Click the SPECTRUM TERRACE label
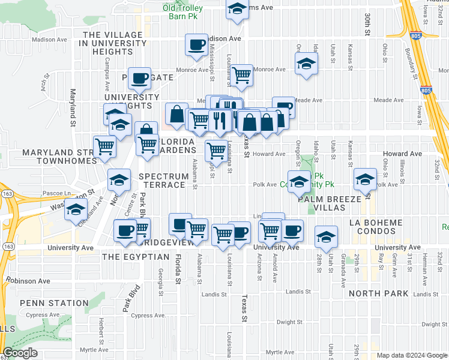tap(162, 181)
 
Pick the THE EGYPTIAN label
tap(136, 257)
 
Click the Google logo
tap(20, 353)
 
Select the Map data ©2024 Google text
tap(411, 355)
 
